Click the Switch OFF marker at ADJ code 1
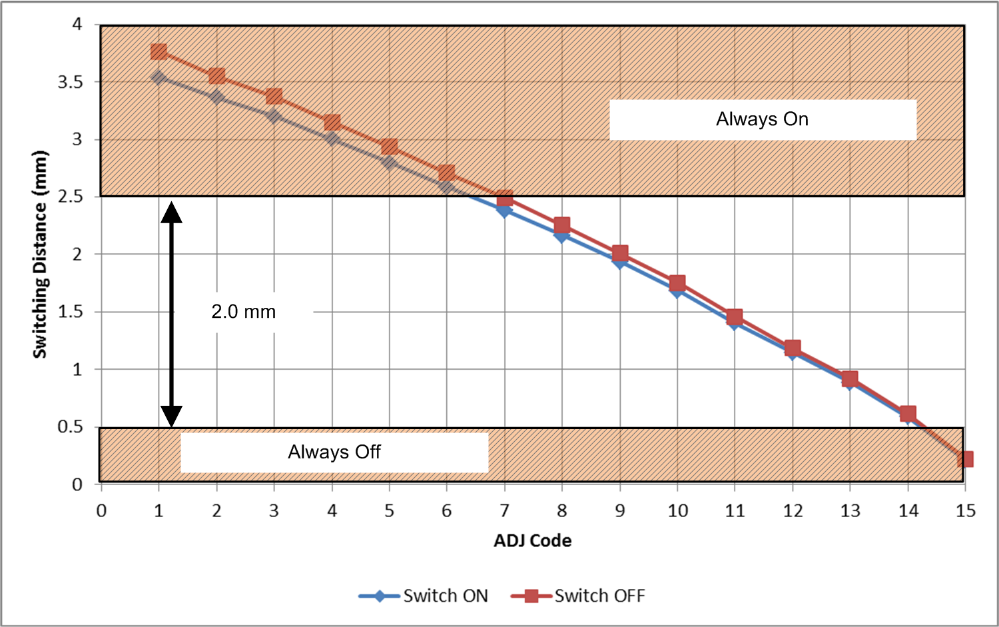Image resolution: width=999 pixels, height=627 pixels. point(159,52)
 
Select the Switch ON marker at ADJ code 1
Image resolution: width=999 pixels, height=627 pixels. point(159,77)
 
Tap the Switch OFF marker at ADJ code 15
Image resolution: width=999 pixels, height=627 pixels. point(965,459)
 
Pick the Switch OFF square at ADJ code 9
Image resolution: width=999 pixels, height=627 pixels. point(620,253)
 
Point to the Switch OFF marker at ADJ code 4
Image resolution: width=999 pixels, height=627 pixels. point(332,123)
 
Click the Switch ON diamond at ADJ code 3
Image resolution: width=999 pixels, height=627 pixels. point(274,116)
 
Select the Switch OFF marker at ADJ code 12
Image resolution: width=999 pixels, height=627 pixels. point(793,348)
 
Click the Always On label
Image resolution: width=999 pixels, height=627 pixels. point(762,119)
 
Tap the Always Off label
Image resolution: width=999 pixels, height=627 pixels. point(334,452)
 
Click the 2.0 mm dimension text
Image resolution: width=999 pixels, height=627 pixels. point(244,311)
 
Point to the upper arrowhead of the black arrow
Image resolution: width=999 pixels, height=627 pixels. point(171,212)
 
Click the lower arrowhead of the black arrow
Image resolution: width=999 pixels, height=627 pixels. point(171,416)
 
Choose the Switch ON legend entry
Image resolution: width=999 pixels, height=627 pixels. point(424,596)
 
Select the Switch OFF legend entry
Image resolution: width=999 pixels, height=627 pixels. point(578,596)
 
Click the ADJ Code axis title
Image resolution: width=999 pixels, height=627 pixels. point(532,540)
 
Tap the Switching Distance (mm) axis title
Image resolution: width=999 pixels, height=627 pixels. point(41,254)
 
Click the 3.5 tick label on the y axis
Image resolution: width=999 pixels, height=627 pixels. point(70,82)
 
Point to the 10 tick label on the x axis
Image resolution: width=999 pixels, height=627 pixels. point(677,511)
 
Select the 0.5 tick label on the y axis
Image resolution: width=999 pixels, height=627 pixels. point(70,426)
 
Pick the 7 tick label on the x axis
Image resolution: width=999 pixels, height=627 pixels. point(504,511)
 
